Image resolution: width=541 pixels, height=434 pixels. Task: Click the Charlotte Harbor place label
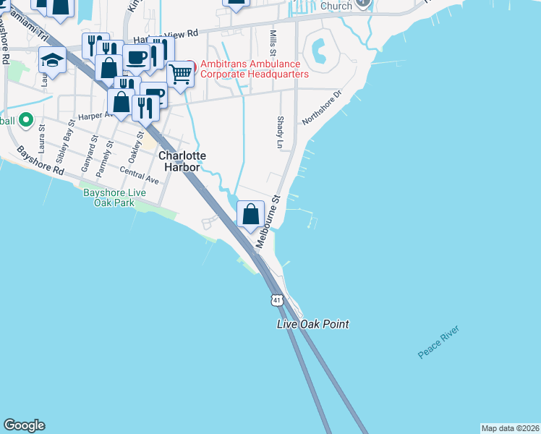(x=182, y=161)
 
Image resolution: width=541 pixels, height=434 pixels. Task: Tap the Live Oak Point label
(x=313, y=324)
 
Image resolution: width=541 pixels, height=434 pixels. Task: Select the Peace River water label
(x=439, y=343)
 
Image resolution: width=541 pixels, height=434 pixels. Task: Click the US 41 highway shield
(x=277, y=299)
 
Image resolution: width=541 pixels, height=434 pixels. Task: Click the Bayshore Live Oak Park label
(x=114, y=197)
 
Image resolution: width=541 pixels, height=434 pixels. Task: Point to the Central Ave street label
(x=139, y=175)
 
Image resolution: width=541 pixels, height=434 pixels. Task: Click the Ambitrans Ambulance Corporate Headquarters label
(x=254, y=69)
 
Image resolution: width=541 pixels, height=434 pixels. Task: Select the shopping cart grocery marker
(x=180, y=73)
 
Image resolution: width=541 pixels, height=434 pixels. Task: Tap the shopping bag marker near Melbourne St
(x=250, y=214)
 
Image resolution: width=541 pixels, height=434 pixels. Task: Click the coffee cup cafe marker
(x=136, y=57)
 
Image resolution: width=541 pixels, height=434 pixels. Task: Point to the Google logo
(x=24, y=425)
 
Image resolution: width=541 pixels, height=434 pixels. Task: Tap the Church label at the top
(x=336, y=6)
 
